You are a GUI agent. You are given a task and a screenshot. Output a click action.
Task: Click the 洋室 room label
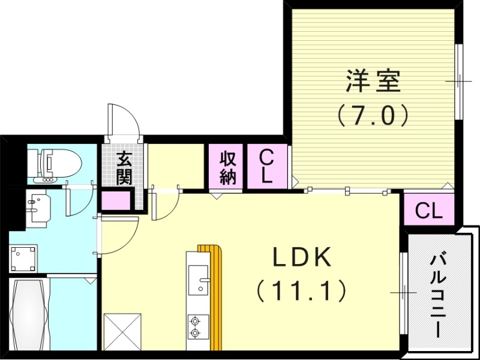pos(373,82)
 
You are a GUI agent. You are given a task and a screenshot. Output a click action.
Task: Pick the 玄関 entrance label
pos(124,168)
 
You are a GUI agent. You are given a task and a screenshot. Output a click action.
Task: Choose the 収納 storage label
pos(226,168)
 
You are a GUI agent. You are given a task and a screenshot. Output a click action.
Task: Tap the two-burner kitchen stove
pos(196,327)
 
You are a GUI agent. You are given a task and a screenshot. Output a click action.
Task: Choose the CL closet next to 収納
pos(267,167)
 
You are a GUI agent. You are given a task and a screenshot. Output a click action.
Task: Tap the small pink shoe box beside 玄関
pos(112,200)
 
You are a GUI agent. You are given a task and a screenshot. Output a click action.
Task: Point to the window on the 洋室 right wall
pos(458,81)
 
